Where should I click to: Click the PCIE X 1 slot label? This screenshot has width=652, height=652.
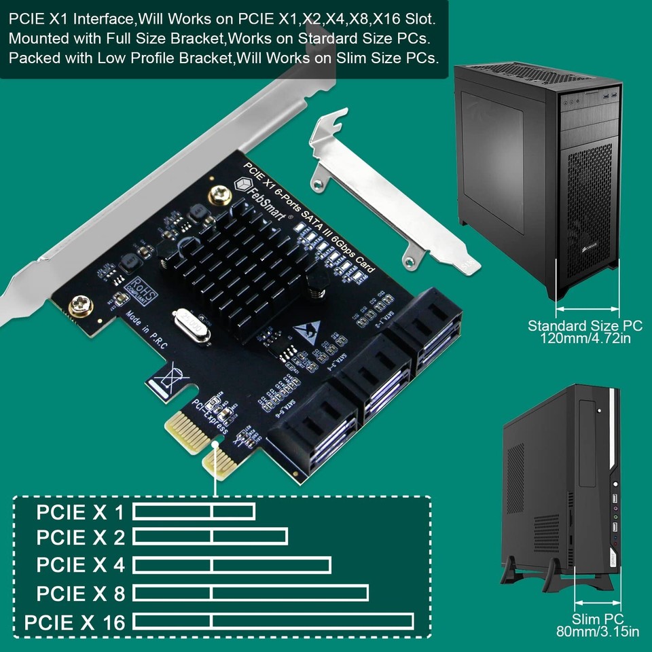pyautogui.click(x=81, y=511)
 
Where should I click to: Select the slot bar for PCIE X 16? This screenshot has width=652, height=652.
pyautogui.click(x=273, y=621)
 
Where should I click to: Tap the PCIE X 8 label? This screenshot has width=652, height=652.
pyautogui.click(x=81, y=594)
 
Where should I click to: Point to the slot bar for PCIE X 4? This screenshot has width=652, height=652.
pyautogui.click(x=232, y=565)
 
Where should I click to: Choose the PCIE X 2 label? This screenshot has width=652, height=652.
pyautogui.click(x=81, y=538)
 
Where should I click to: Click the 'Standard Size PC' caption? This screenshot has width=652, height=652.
pyautogui.click(x=585, y=325)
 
